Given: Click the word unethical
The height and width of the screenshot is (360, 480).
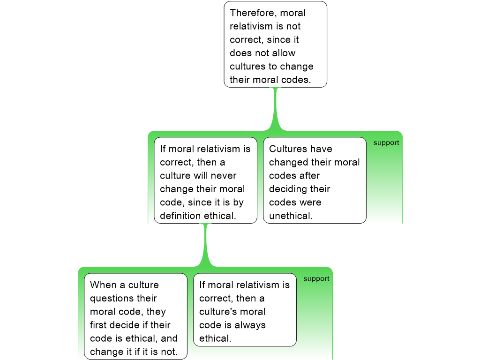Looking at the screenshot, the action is tap(291, 216).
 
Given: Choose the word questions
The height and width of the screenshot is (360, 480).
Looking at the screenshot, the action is tap(123, 299).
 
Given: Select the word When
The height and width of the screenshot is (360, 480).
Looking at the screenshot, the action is tap(104, 285).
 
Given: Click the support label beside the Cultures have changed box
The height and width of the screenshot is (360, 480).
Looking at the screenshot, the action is tap(386, 143).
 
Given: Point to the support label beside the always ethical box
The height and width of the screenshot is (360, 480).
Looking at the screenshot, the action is tap(316, 279).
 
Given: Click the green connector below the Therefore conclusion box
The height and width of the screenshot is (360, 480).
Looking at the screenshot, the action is tap(276, 109).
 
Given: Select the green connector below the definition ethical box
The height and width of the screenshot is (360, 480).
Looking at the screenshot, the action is tap(205, 245).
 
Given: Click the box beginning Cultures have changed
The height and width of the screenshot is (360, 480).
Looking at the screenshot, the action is tap(315, 180).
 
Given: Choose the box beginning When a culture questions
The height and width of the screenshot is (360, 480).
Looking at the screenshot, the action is tap(135, 316).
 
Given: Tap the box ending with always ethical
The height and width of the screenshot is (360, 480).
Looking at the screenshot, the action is tap(245, 310).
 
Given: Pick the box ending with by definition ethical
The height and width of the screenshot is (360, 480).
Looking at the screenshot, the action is tap(205, 180).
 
